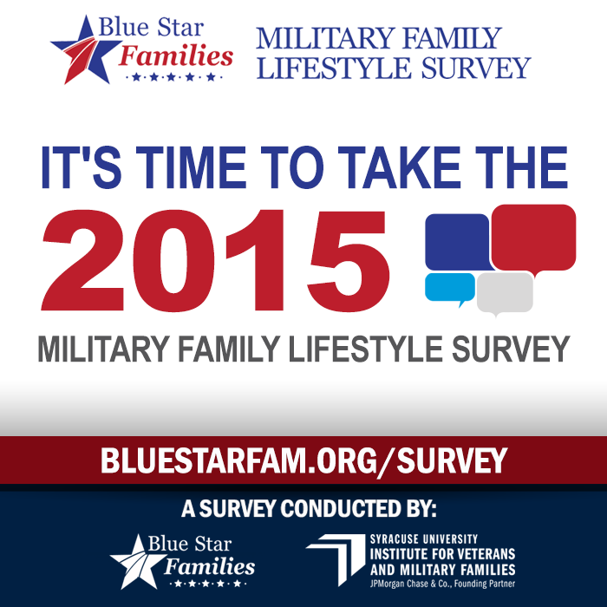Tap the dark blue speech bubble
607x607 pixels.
[x=456, y=241]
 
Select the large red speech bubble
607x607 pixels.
[x=533, y=236]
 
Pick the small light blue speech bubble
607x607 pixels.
[x=449, y=288]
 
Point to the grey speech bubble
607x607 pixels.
[x=505, y=292]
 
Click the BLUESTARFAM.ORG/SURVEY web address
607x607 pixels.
[x=303, y=460]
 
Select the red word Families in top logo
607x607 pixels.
[x=177, y=57]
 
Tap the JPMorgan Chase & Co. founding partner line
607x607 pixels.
[x=442, y=582]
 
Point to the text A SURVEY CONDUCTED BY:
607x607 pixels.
[x=303, y=506]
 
